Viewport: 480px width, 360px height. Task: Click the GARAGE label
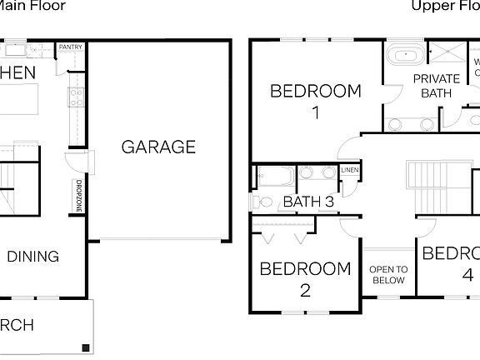pyautogui.click(x=158, y=147)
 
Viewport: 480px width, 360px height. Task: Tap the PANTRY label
pyautogui.click(x=71, y=47)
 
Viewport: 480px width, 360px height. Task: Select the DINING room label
pyautogui.click(x=33, y=257)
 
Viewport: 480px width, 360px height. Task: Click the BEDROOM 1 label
pyautogui.click(x=316, y=100)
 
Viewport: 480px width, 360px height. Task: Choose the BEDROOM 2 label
pyautogui.click(x=305, y=279)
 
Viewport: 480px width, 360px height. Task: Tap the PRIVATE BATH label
pyautogui.click(x=437, y=86)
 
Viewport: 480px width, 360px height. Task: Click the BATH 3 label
pyautogui.click(x=308, y=201)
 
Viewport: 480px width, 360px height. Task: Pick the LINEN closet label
pyautogui.click(x=350, y=171)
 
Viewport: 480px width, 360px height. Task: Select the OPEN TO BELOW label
pyautogui.click(x=388, y=274)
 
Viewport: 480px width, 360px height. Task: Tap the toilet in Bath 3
pyautogui.click(x=263, y=201)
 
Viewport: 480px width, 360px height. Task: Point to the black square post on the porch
pyautogui.click(x=85, y=347)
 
